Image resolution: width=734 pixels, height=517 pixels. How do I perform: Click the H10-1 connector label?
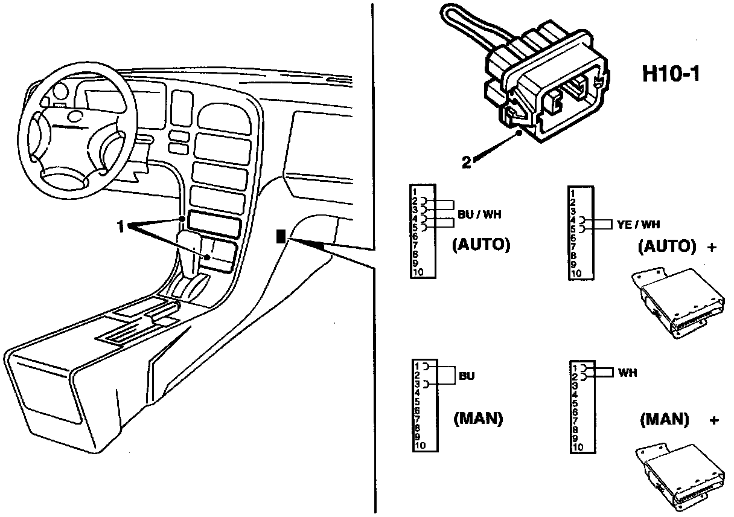click(671, 75)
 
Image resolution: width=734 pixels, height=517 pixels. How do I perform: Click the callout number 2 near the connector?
click(467, 162)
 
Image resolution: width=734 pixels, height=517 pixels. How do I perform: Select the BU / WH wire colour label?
click(480, 213)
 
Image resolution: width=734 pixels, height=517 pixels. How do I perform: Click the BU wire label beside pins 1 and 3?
click(467, 376)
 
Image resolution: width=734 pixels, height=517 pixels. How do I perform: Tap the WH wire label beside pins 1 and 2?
click(627, 373)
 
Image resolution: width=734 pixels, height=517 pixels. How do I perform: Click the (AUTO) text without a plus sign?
click(481, 245)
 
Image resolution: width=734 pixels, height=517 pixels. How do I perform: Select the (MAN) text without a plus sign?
click(478, 419)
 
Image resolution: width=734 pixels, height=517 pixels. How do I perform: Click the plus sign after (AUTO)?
click(712, 246)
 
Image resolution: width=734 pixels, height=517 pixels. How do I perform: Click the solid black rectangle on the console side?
click(280, 236)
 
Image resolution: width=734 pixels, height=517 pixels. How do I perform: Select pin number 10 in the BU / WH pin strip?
click(418, 272)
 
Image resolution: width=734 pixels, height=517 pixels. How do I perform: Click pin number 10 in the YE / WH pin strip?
click(576, 274)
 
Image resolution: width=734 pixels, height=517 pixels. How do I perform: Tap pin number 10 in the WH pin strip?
click(578, 447)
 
